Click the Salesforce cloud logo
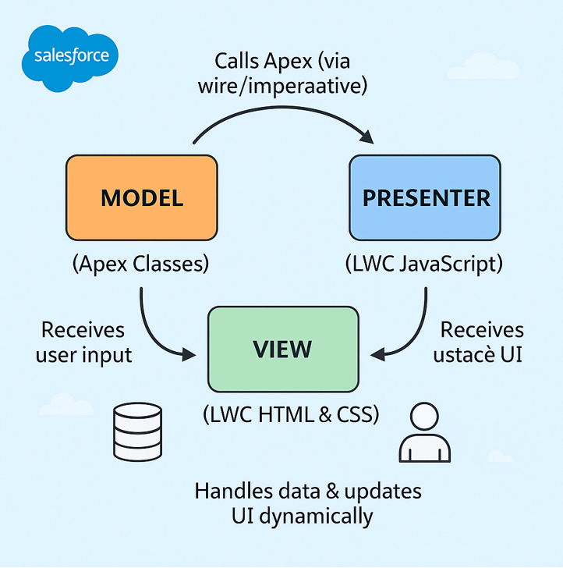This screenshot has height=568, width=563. pos(71,55)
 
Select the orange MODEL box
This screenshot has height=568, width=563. pos(141,197)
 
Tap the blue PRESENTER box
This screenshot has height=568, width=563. pos(425,197)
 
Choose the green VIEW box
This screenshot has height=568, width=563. pos(282,349)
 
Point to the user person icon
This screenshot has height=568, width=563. pos(425,435)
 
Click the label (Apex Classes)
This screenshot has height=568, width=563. pos(140,264)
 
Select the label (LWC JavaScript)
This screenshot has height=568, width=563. pos(424,264)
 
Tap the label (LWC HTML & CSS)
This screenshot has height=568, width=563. pos(291,415)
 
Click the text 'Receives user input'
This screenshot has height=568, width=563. pos(83,342)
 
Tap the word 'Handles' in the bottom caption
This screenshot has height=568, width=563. pos(232,491)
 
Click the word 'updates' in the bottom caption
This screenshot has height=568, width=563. pos(381,491)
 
